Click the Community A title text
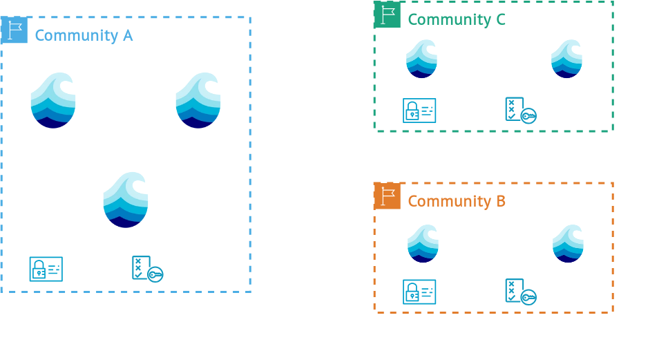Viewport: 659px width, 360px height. tap(84, 35)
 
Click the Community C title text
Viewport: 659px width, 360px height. tap(457, 19)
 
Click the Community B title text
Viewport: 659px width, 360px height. tap(457, 201)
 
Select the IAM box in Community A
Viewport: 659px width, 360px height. tap(69, 269)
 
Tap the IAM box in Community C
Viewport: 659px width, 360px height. tap(442, 111)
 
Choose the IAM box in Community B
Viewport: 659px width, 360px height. tap(442, 292)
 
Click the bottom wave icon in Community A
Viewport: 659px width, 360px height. tap(126, 200)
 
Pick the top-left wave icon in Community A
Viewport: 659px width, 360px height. tap(53, 101)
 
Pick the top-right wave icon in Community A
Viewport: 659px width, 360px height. tap(198, 101)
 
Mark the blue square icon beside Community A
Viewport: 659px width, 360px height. tap(14, 30)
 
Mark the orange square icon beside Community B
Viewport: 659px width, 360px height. tap(387, 196)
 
